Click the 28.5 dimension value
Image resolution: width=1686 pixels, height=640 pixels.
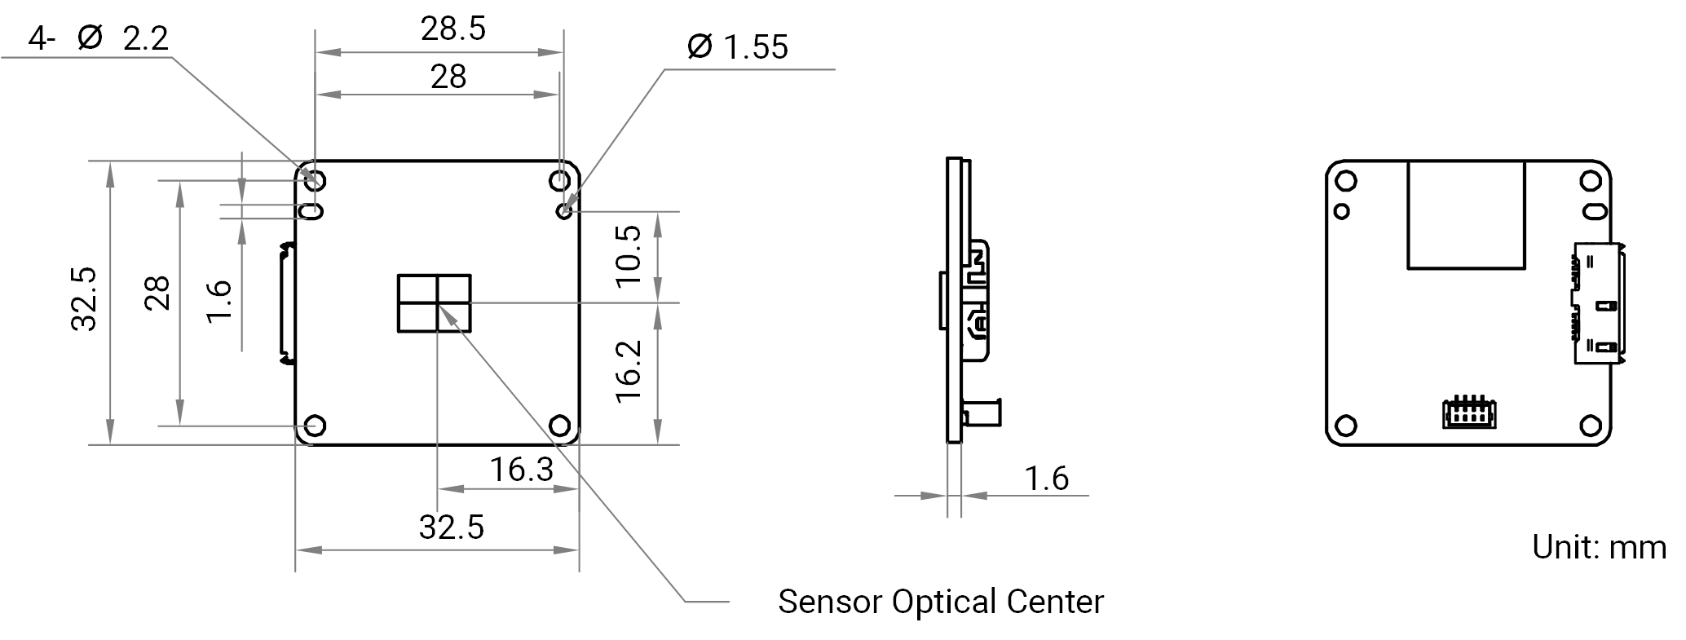tap(452, 29)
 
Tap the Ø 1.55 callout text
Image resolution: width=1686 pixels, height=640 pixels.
tap(737, 46)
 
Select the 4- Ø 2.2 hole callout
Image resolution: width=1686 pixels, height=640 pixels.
tap(99, 38)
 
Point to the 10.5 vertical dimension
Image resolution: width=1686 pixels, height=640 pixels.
tap(629, 256)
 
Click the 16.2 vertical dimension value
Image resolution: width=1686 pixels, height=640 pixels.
tap(629, 371)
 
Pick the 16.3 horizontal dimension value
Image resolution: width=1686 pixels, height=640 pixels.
tap(521, 470)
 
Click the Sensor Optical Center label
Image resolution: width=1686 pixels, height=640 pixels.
tap(941, 602)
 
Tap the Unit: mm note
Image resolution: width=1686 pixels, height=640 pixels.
tap(1599, 546)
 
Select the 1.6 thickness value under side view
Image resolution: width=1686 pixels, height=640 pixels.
tap(1046, 479)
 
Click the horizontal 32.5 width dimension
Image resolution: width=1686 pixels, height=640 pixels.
tap(452, 527)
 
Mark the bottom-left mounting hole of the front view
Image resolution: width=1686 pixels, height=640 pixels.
tap(315, 426)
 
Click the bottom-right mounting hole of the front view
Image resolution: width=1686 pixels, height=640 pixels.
tap(560, 426)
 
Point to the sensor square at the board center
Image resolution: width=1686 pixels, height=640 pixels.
tap(435, 303)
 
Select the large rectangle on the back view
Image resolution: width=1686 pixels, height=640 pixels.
tap(1467, 214)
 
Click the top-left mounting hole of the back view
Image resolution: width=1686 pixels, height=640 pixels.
tap(1347, 180)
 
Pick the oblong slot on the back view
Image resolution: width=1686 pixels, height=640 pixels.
tap(1595, 212)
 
